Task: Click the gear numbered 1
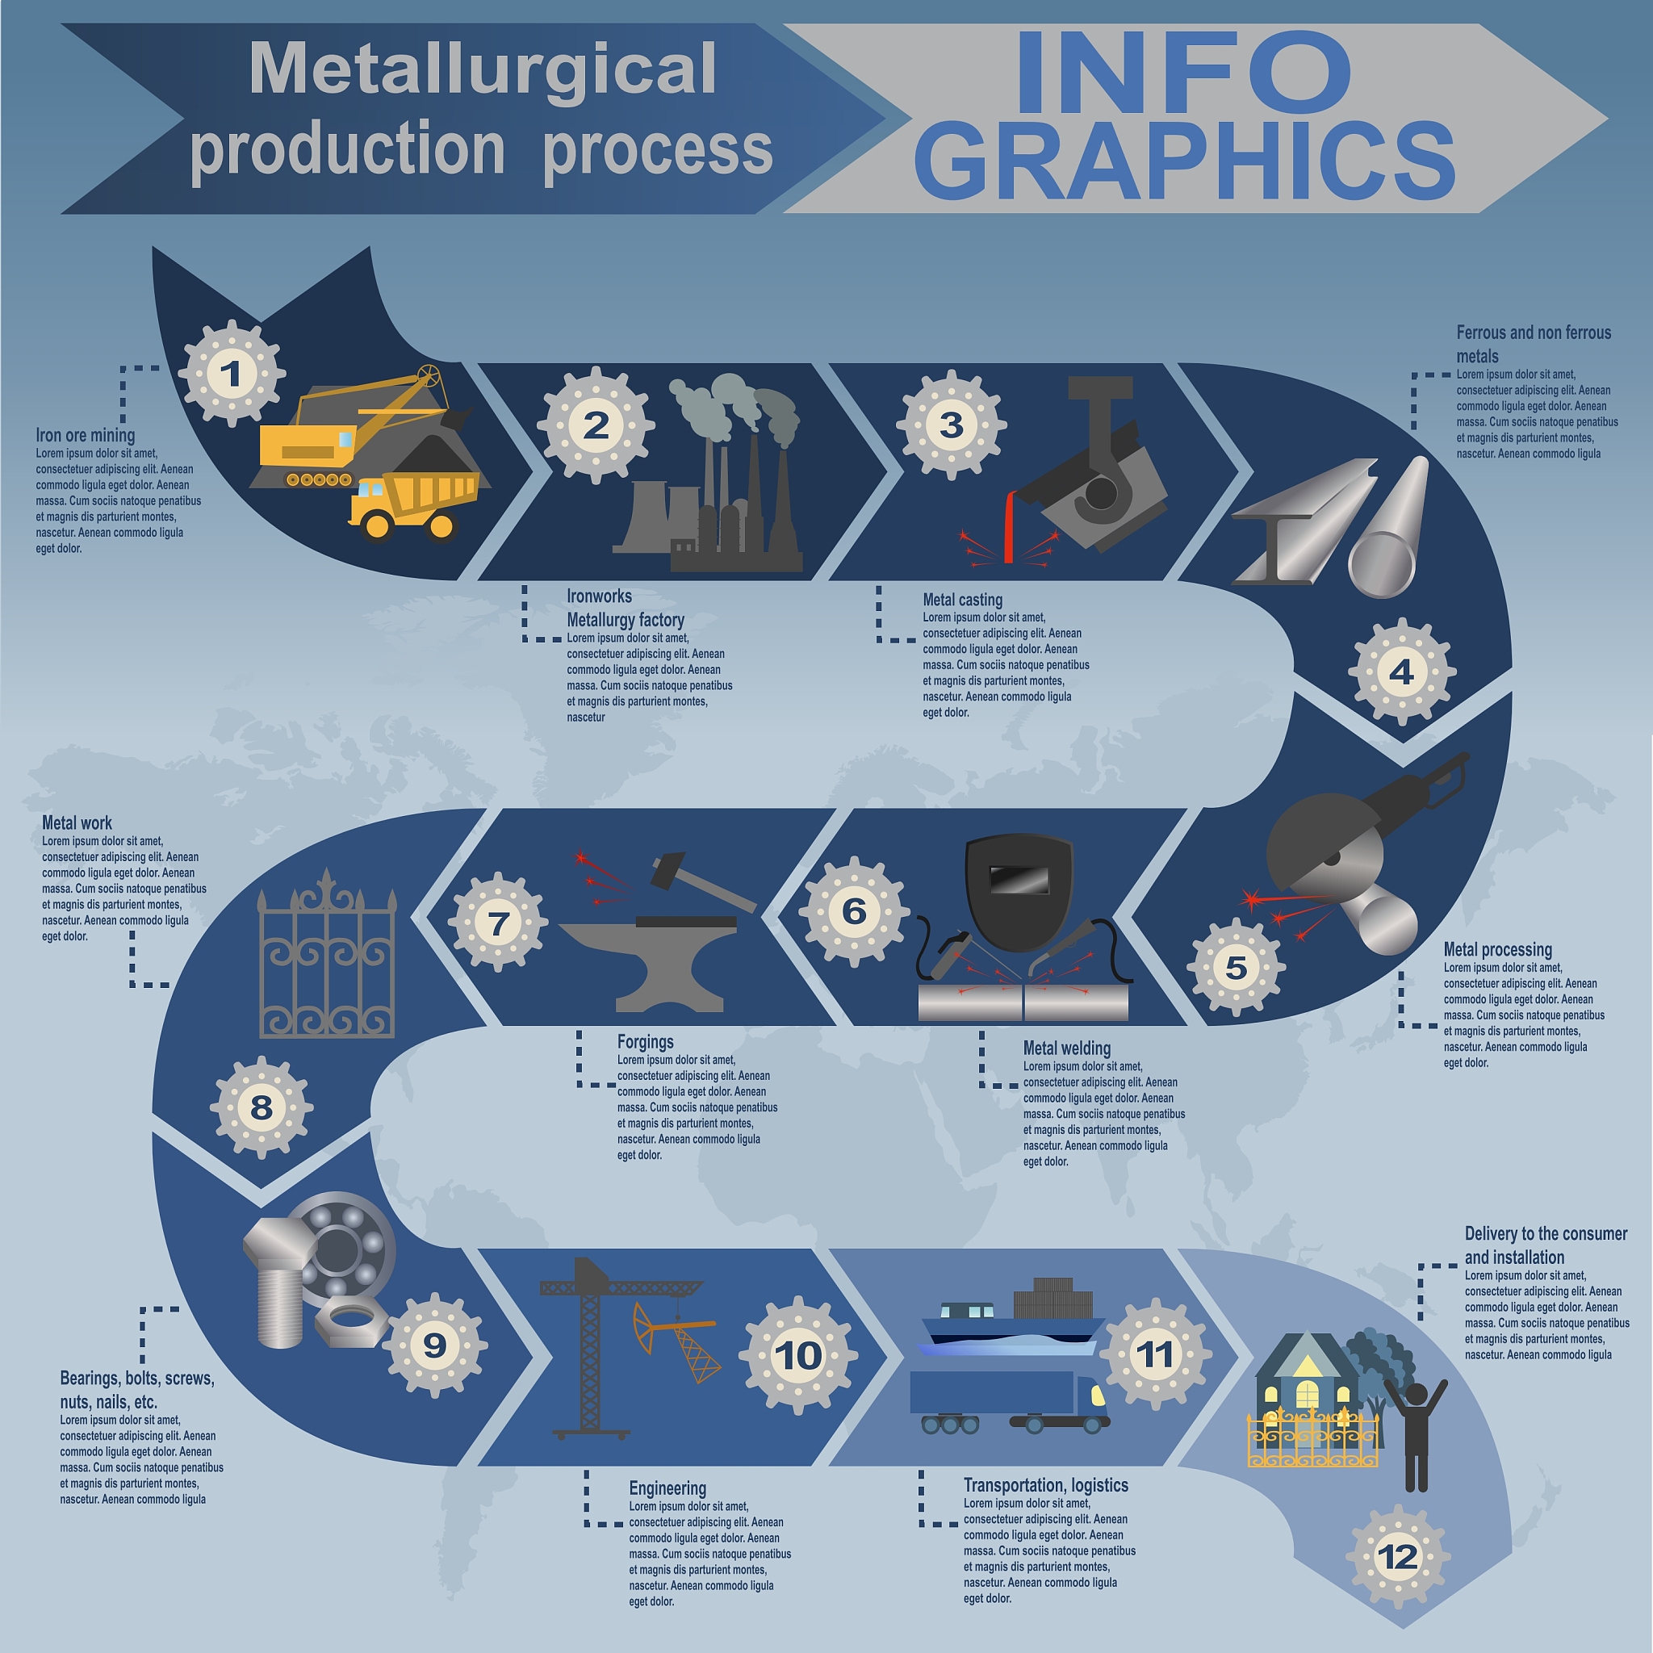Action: [231, 374]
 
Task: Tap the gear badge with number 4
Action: [1401, 672]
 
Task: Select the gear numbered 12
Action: [1398, 1556]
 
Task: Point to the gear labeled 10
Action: [797, 1355]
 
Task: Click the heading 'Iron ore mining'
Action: [86, 436]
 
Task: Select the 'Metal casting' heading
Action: [963, 600]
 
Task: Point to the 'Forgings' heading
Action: [645, 1042]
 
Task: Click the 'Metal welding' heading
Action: [1067, 1048]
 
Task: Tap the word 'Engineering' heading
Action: [667, 1488]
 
